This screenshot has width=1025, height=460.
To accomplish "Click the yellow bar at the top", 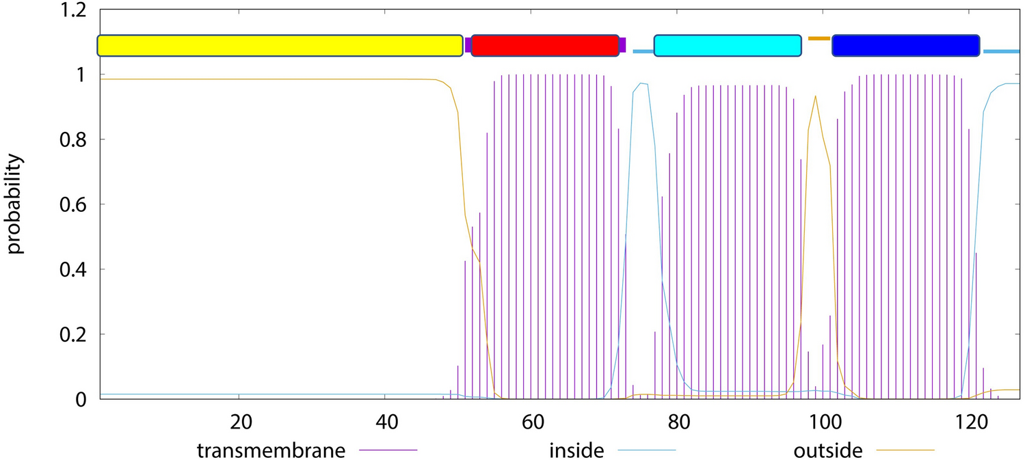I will click(280, 45).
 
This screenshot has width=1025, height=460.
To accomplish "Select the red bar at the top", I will click(545, 45).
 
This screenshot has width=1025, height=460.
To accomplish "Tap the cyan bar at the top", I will click(728, 45).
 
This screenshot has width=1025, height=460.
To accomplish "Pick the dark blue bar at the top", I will click(906, 45).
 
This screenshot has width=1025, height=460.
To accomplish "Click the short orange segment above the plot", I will click(818, 38).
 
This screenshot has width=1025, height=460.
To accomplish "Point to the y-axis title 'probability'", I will click(16, 204).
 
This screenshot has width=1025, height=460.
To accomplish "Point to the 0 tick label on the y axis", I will click(81, 399).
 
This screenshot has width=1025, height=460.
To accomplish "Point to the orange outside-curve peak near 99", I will click(815, 96).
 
